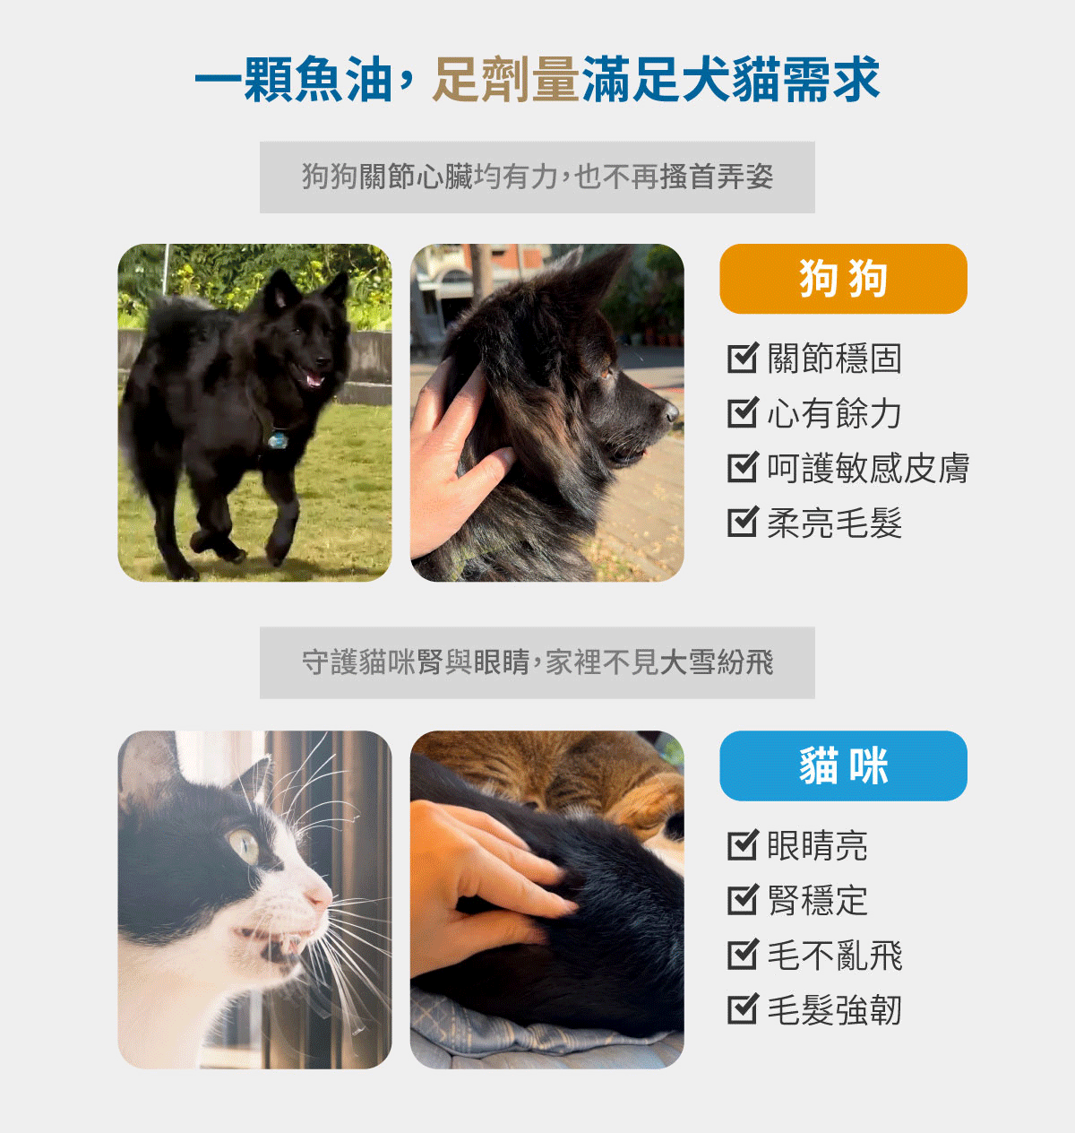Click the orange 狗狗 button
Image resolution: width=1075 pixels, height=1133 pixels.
coord(843,279)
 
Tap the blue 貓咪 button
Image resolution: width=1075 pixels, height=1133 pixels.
coord(843,765)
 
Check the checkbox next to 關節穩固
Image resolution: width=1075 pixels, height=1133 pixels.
coord(743,359)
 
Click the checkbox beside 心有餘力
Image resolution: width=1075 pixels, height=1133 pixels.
coord(743,413)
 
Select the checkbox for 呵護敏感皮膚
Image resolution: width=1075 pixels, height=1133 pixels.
coord(743,468)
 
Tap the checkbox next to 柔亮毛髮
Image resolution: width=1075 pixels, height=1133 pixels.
coord(743,523)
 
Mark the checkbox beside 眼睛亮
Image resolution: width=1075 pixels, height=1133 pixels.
coord(743,845)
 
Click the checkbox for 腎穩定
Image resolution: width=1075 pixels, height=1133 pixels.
coord(743,900)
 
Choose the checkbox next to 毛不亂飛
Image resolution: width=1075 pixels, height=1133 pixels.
coord(743,956)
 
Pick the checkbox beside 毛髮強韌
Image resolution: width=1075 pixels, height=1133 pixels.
coord(743,1010)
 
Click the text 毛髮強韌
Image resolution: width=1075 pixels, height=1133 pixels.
coord(834,1010)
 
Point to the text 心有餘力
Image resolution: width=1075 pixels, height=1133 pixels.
coord(834,413)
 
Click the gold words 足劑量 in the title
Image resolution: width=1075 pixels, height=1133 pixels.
coord(506,80)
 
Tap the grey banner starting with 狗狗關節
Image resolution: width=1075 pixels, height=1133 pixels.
coord(537,177)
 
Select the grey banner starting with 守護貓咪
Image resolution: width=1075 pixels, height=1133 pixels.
coord(537,662)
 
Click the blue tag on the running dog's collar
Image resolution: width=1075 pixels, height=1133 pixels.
coord(279,440)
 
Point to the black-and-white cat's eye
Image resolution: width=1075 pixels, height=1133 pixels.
coord(245,844)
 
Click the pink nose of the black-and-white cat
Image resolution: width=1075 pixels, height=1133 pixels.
coord(320,894)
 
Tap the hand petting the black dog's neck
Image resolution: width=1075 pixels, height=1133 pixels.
coord(452,466)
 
